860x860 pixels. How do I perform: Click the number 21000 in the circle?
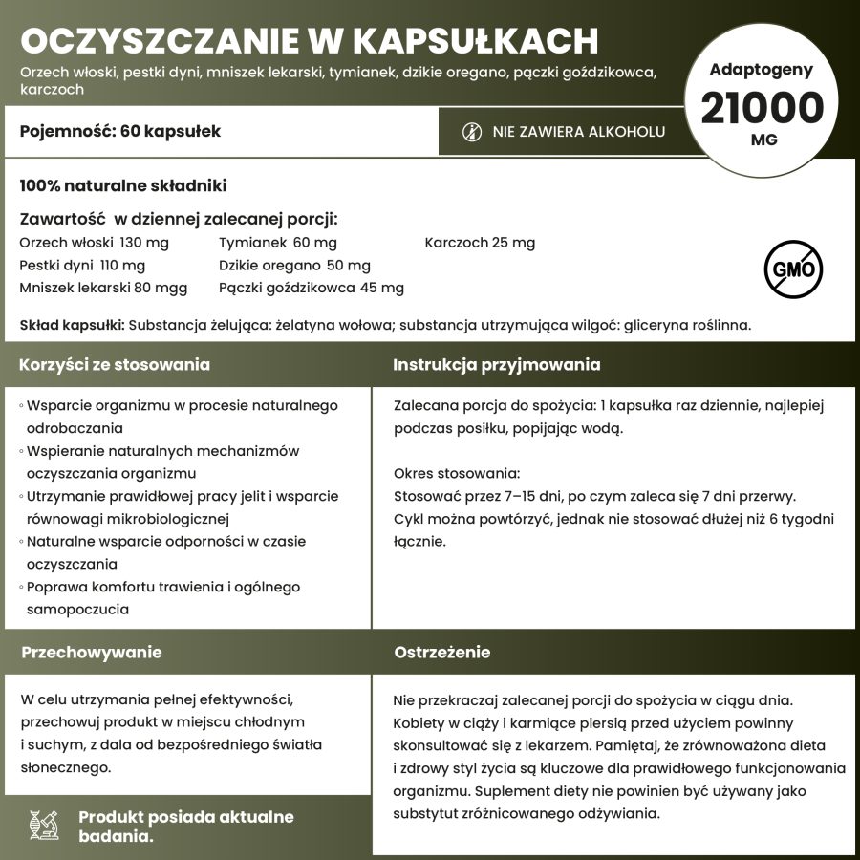coord(762,107)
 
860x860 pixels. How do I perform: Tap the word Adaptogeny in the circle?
coord(762,69)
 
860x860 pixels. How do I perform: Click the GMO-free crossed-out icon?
coord(792,269)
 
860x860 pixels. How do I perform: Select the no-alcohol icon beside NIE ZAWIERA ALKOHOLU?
coord(471,132)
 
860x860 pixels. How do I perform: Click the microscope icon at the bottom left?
coord(45,827)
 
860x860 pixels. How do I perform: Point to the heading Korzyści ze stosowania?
coord(116,365)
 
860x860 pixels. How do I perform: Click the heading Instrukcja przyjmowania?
coord(497,365)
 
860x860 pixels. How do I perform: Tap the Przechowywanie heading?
coord(92,653)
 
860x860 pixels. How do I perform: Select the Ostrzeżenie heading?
coord(442,653)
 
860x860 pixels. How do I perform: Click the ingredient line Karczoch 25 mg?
coord(480,243)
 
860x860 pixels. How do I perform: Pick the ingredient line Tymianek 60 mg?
coord(278,243)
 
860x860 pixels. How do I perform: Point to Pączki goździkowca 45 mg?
coord(312,288)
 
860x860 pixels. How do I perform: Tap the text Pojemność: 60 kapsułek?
coord(120,131)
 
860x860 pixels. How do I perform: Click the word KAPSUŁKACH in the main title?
coord(476,41)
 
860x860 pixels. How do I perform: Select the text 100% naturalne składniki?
coord(123,185)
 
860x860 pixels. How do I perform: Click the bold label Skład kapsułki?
coord(72,325)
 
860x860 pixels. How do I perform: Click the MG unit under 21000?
coord(763,140)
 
